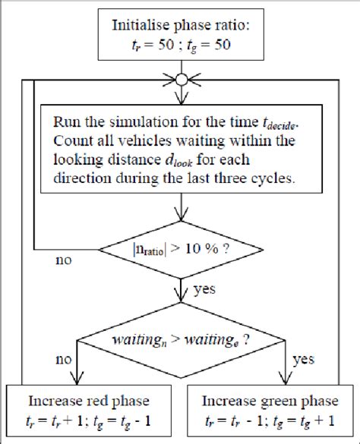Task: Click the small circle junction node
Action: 180,78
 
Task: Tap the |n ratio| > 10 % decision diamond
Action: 180,248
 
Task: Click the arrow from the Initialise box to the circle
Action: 180,65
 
